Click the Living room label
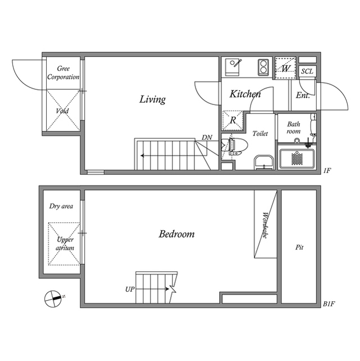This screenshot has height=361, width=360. (153, 99)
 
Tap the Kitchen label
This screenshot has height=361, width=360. (245, 94)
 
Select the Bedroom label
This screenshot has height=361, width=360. (176, 234)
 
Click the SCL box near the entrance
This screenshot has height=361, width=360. (308, 71)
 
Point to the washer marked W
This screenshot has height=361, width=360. (286, 68)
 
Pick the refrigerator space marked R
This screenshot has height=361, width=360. (233, 120)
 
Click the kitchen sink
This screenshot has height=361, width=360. (233, 67)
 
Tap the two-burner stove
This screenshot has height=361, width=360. (264, 67)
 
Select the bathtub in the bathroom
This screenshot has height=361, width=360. (297, 159)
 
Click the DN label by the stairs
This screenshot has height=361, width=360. (207, 138)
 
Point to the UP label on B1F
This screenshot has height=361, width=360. (130, 289)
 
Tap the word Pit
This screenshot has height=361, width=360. (299, 248)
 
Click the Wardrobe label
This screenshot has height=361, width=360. (265, 225)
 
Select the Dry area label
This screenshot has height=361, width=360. (61, 206)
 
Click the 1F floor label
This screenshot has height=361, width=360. (327, 170)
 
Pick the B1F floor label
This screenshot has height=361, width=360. (328, 304)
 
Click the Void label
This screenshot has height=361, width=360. (63, 111)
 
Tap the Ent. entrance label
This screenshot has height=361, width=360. (303, 95)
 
